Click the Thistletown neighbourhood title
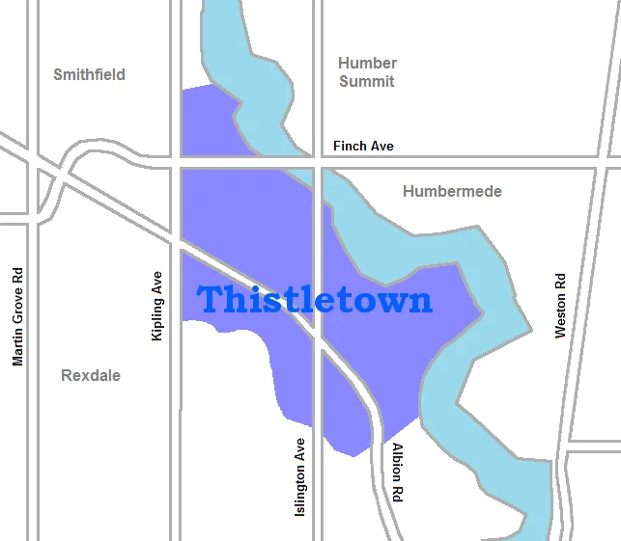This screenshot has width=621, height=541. [x=315, y=300]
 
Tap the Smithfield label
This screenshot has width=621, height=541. [x=89, y=74]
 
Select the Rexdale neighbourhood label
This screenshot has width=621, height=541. [x=91, y=375]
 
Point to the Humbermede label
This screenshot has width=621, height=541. [x=452, y=191]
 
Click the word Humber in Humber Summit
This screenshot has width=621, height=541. [x=367, y=63]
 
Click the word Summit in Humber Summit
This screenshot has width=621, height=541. [x=367, y=82]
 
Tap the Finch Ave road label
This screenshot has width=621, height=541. [x=363, y=146]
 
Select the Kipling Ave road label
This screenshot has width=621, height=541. [x=157, y=305]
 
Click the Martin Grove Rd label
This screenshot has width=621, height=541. [x=17, y=316]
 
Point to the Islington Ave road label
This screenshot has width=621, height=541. [x=300, y=477]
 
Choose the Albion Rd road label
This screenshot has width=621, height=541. [x=397, y=473]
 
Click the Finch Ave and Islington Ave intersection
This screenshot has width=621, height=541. [x=317, y=162]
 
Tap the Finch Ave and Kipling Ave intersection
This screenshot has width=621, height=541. [x=176, y=162]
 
